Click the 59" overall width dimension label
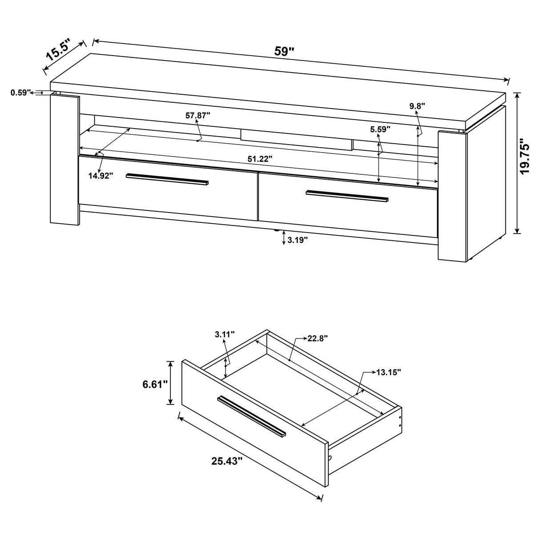point(285,51)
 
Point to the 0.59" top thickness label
point(20,93)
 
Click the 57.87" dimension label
point(197,116)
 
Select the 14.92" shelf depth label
point(101,175)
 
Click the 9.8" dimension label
point(417,106)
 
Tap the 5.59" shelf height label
point(380,129)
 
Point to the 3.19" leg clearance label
point(298,240)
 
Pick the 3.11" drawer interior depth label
point(224,334)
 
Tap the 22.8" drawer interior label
point(317,338)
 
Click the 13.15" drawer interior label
point(389,372)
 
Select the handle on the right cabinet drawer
point(347,196)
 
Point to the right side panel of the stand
point(451,196)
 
